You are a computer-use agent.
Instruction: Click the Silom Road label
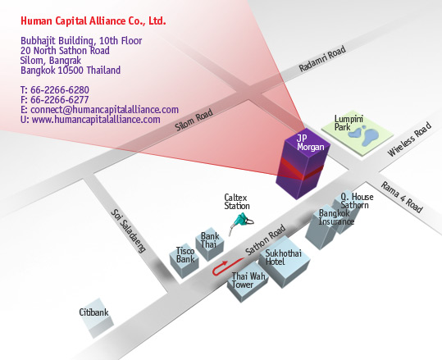(194, 120)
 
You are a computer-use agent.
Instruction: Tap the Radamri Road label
(322, 59)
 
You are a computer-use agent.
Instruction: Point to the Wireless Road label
(409, 139)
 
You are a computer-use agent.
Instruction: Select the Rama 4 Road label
(402, 197)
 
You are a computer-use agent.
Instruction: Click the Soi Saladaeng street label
(128, 231)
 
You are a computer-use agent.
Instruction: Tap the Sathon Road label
(265, 239)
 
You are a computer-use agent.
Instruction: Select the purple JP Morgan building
(303, 163)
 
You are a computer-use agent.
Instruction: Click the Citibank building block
(97, 318)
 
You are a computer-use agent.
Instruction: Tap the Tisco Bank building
(184, 261)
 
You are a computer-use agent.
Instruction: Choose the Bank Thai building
(210, 244)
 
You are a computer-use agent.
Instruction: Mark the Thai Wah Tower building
(248, 282)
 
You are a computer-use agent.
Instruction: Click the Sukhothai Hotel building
(284, 262)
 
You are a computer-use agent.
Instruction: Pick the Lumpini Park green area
(358, 133)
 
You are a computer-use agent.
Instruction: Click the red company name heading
(93, 21)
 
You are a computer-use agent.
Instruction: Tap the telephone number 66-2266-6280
(60, 90)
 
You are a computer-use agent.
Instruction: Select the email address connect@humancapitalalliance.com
(104, 109)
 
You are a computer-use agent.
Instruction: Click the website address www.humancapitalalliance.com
(96, 119)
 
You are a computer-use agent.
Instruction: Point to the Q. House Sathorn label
(357, 201)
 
